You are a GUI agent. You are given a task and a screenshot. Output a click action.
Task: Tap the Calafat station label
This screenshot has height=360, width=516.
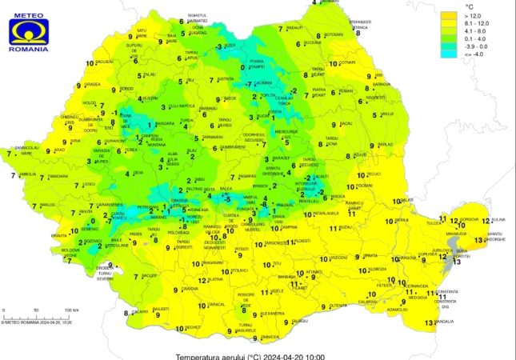(141, 313)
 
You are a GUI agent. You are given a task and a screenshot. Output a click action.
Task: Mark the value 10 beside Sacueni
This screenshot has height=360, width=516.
(87, 62)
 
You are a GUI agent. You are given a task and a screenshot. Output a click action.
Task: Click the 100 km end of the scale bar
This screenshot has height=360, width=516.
(71, 309)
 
